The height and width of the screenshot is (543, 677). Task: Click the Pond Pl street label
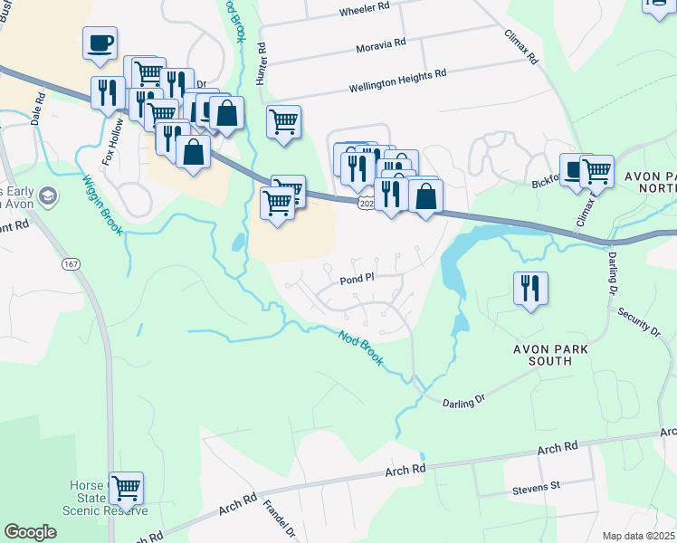pyautogui.click(x=357, y=281)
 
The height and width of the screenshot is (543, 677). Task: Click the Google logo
pyautogui.click(x=31, y=531)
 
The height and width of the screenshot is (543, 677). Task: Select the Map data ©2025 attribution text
pyautogui.click(x=638, y=536)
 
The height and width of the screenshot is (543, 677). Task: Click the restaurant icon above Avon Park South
pyautogui.click(x=530, y=289)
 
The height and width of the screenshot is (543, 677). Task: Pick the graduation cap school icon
pyautogui.click(x=47, y=195)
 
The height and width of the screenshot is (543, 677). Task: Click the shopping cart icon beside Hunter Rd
pyautogui.click(x=283, y=121)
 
